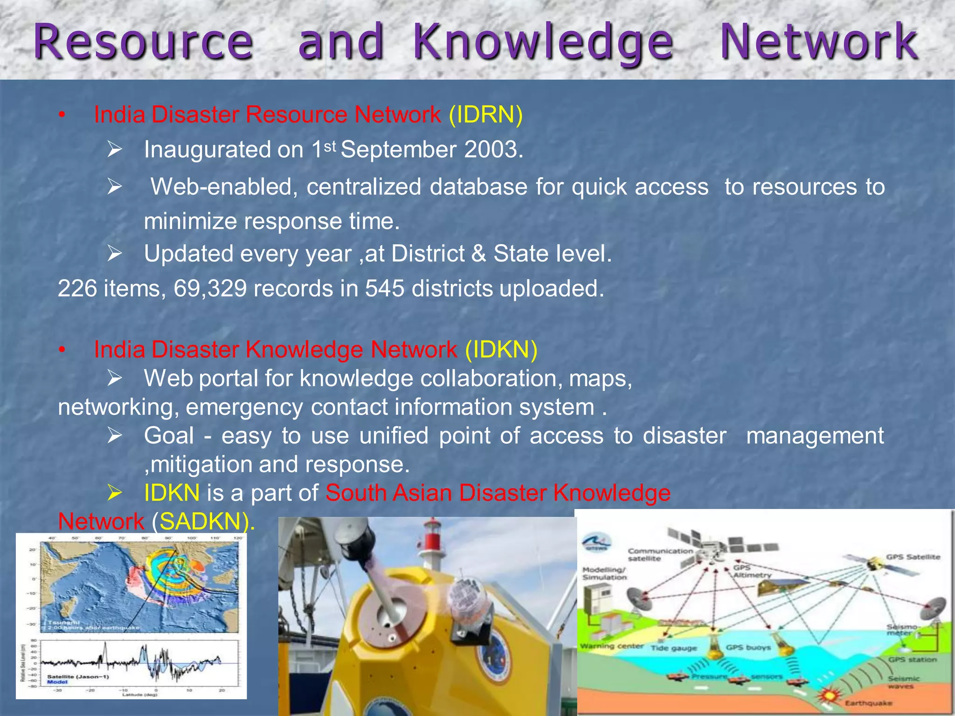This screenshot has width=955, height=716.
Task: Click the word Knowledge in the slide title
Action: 543,43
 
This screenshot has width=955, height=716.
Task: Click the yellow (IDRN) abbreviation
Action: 485,115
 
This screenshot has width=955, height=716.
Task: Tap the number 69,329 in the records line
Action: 210,289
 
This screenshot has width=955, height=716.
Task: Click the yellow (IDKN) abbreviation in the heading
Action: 501,350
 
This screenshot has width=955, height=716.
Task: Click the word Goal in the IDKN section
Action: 169,436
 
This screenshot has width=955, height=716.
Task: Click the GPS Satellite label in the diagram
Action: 913,557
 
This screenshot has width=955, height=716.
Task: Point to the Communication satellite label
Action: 660,554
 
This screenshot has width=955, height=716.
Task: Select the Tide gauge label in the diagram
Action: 673,648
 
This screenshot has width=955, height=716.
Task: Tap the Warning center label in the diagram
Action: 611,646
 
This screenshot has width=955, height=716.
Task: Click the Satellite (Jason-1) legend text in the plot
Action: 77,677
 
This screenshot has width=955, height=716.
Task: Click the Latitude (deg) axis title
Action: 140,695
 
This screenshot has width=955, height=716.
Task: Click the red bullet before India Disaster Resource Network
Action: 62,116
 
